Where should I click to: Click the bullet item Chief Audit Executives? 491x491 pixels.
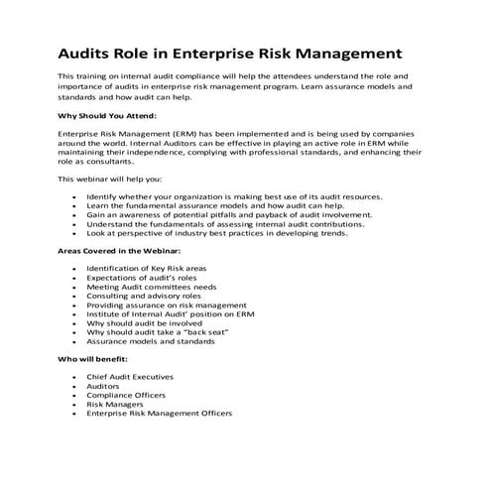point(130,377)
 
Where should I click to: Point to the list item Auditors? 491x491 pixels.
point(105,386)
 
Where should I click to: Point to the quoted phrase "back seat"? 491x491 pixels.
point(213,331)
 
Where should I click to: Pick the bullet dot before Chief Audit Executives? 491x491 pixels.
point(74,378)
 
